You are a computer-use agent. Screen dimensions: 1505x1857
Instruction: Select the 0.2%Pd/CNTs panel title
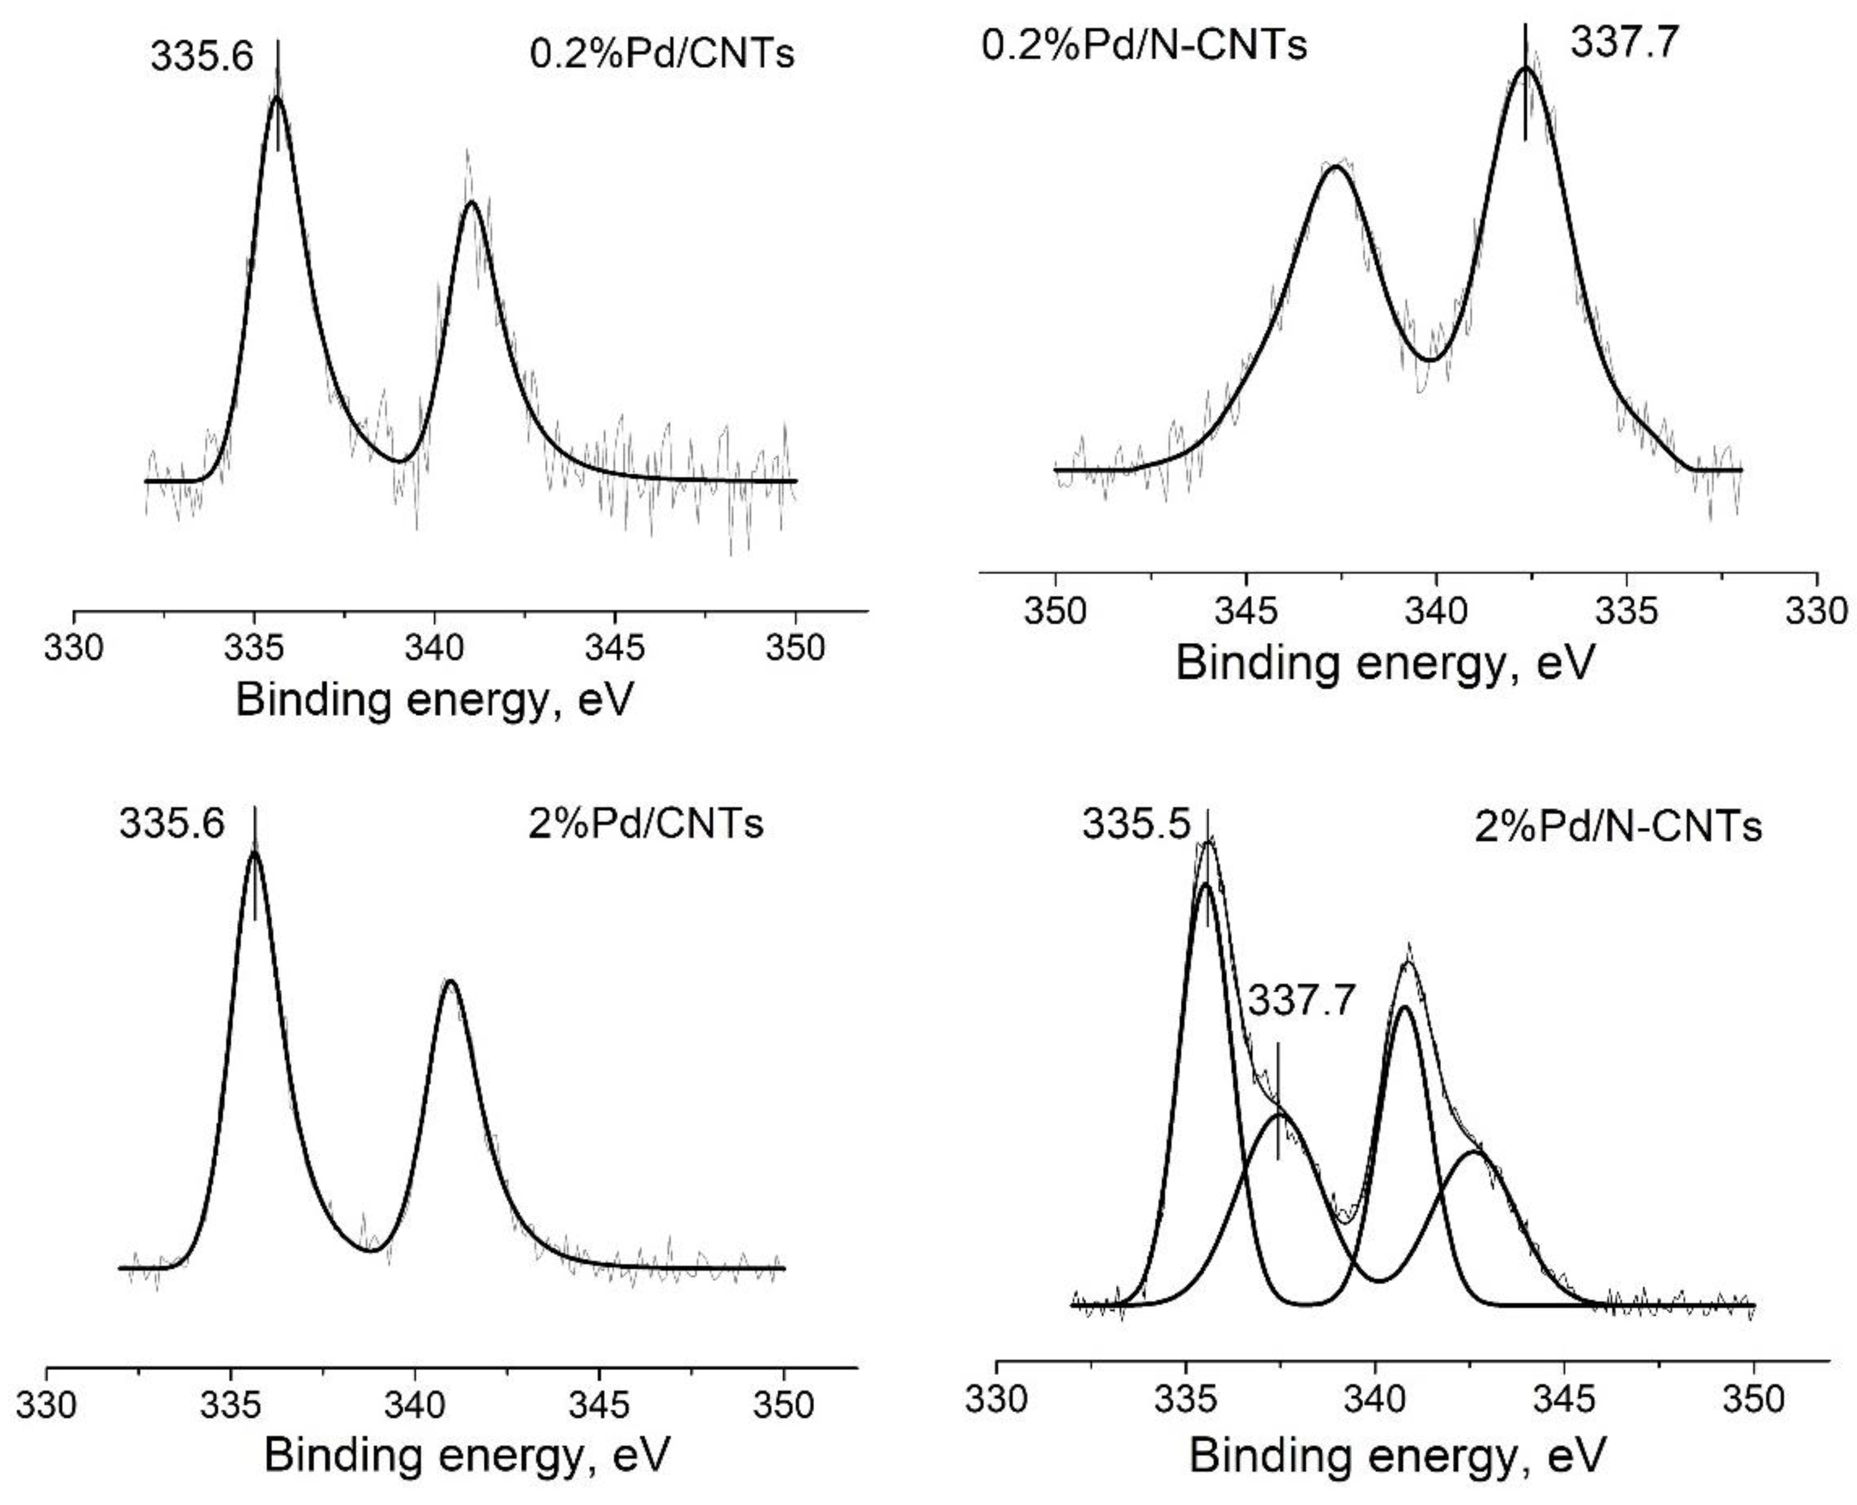[661, 53]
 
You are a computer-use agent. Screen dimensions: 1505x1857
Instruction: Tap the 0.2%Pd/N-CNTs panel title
[1143, 44]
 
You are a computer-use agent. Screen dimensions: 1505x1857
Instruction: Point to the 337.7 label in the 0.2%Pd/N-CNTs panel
[1625, 42]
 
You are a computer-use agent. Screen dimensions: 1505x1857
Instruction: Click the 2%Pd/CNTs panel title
[646, 823]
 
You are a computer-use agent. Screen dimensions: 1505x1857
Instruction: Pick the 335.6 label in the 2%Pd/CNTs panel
[172, 823]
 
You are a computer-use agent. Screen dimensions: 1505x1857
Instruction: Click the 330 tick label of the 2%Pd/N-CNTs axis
[996, 1399]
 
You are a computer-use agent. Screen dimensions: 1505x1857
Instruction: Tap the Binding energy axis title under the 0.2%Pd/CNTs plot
[434, 699]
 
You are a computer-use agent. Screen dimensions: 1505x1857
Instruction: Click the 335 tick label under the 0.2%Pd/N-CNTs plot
[1626, 611]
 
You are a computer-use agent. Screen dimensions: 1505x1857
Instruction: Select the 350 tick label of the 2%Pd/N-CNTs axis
[1754, 1399]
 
